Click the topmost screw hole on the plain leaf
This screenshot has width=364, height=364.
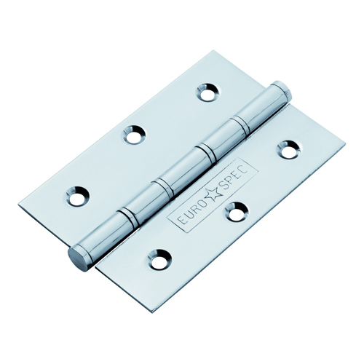(208, 92)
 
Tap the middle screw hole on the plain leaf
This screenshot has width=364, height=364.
(134, 134)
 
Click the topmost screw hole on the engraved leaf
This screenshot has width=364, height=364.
(289, 150)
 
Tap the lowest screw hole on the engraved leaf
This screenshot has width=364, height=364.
(160, 259)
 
